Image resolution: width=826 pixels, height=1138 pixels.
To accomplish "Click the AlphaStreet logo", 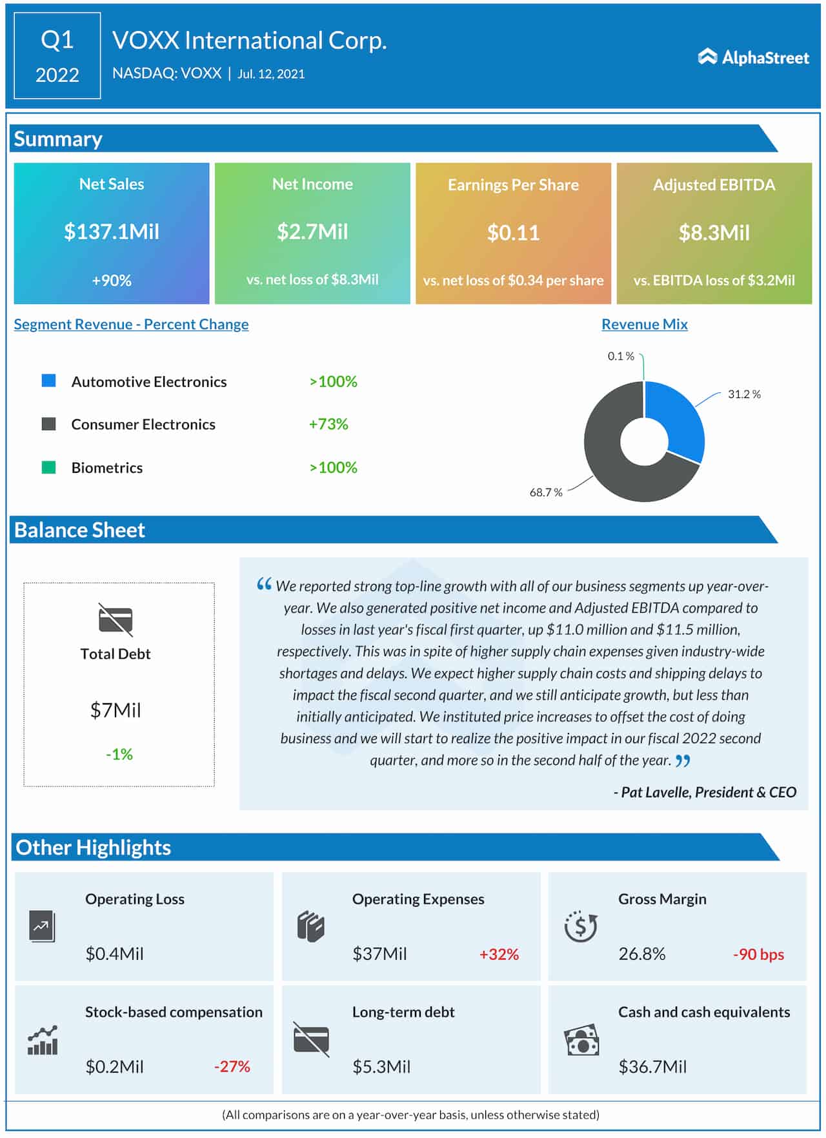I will tap(753, 57).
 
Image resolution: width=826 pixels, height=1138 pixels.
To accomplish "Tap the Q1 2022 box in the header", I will tap(57, 56).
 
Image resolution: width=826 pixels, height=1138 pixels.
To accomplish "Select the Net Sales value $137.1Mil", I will tap(112, 232).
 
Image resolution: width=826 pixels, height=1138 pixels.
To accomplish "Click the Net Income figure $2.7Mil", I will tap(312, 232).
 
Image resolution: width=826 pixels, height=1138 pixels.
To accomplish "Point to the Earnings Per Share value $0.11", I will tap(513, 233).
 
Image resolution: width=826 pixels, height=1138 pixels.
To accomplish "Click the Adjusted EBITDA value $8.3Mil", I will tap(714, 233).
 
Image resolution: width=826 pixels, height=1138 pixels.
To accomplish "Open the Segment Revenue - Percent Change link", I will tap(131, 324).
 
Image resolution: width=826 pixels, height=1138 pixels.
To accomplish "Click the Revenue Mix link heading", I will tap(644, 324).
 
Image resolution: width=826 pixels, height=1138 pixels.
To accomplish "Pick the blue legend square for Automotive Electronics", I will tap(48, 381).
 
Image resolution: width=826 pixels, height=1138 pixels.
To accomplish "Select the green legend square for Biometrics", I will tap(48, 467).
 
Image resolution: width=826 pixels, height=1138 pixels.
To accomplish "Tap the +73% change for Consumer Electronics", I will tap(328, 424).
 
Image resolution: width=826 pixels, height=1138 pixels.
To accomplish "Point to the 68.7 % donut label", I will tap(545, 492).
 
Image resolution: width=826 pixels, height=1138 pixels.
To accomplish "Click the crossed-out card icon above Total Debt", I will tap(116, 619).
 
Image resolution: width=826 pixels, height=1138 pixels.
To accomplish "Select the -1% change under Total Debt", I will tap(119, 754).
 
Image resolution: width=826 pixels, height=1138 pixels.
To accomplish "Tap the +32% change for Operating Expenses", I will tap(499, 954).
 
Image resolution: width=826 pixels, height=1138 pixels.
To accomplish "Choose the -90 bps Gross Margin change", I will tap(758, 954).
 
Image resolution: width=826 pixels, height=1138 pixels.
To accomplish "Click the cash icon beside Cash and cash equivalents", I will tap(581, 1040).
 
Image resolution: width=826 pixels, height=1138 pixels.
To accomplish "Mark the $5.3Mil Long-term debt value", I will tap(381, 1066).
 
